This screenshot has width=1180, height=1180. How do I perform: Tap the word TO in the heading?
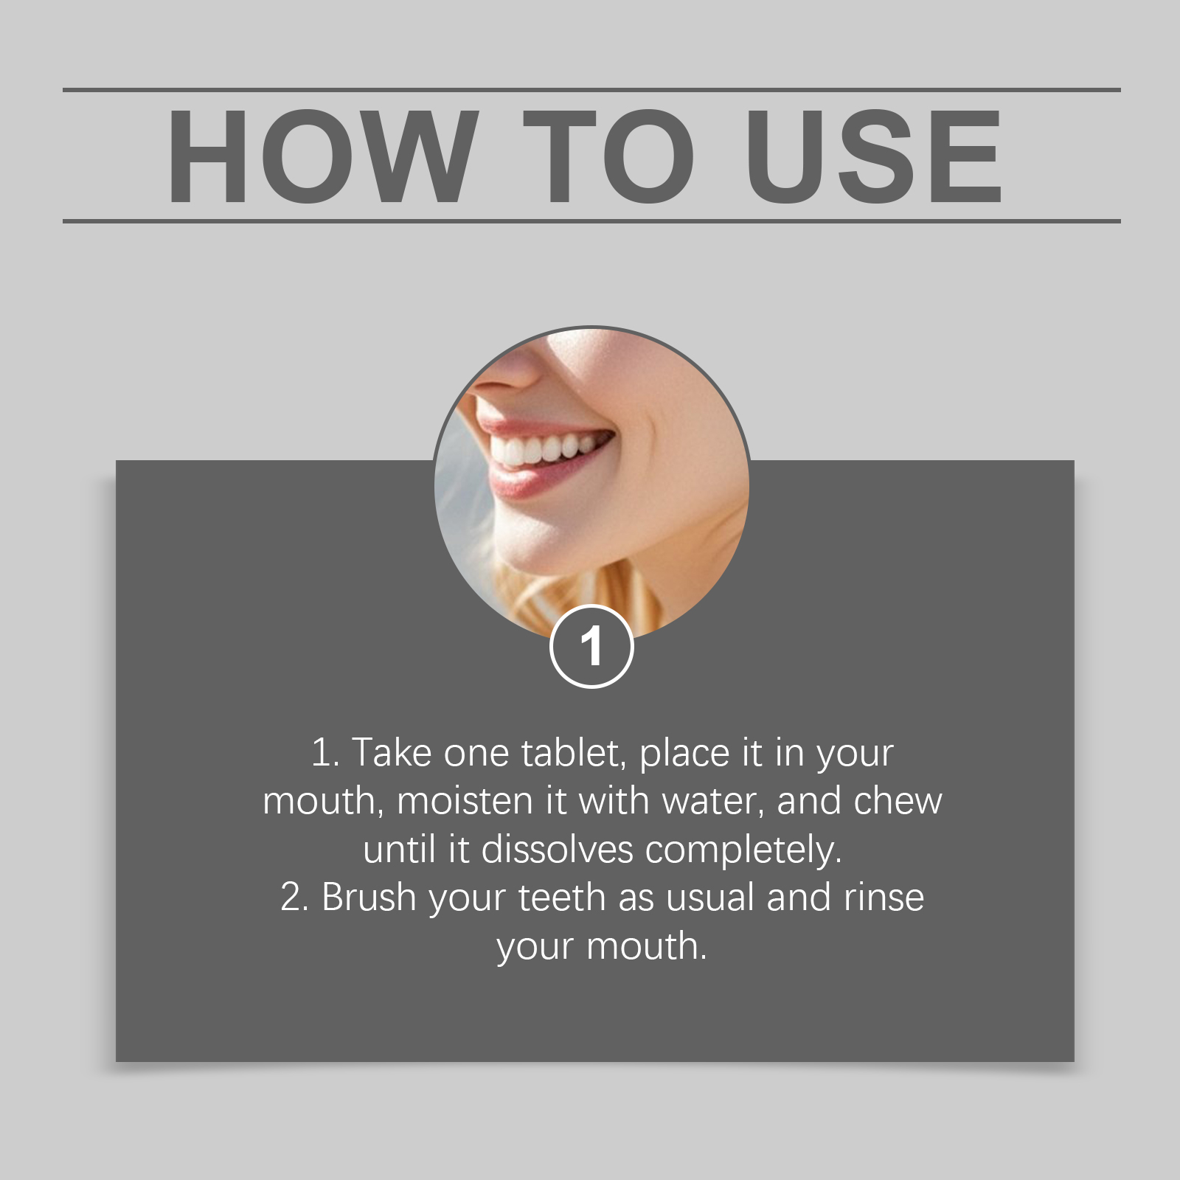coord(609,156)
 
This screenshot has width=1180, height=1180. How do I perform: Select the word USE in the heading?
coord(875,156)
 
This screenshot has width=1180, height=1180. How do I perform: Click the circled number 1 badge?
coord(591,647)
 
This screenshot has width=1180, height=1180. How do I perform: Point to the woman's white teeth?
coord(542,448)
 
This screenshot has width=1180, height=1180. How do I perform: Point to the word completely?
coord(743,850)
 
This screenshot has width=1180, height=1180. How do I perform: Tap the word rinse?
coord(884,898)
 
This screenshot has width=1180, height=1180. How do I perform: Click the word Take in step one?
coord(392,753)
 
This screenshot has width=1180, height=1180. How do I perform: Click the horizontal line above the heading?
coord(591,90)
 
